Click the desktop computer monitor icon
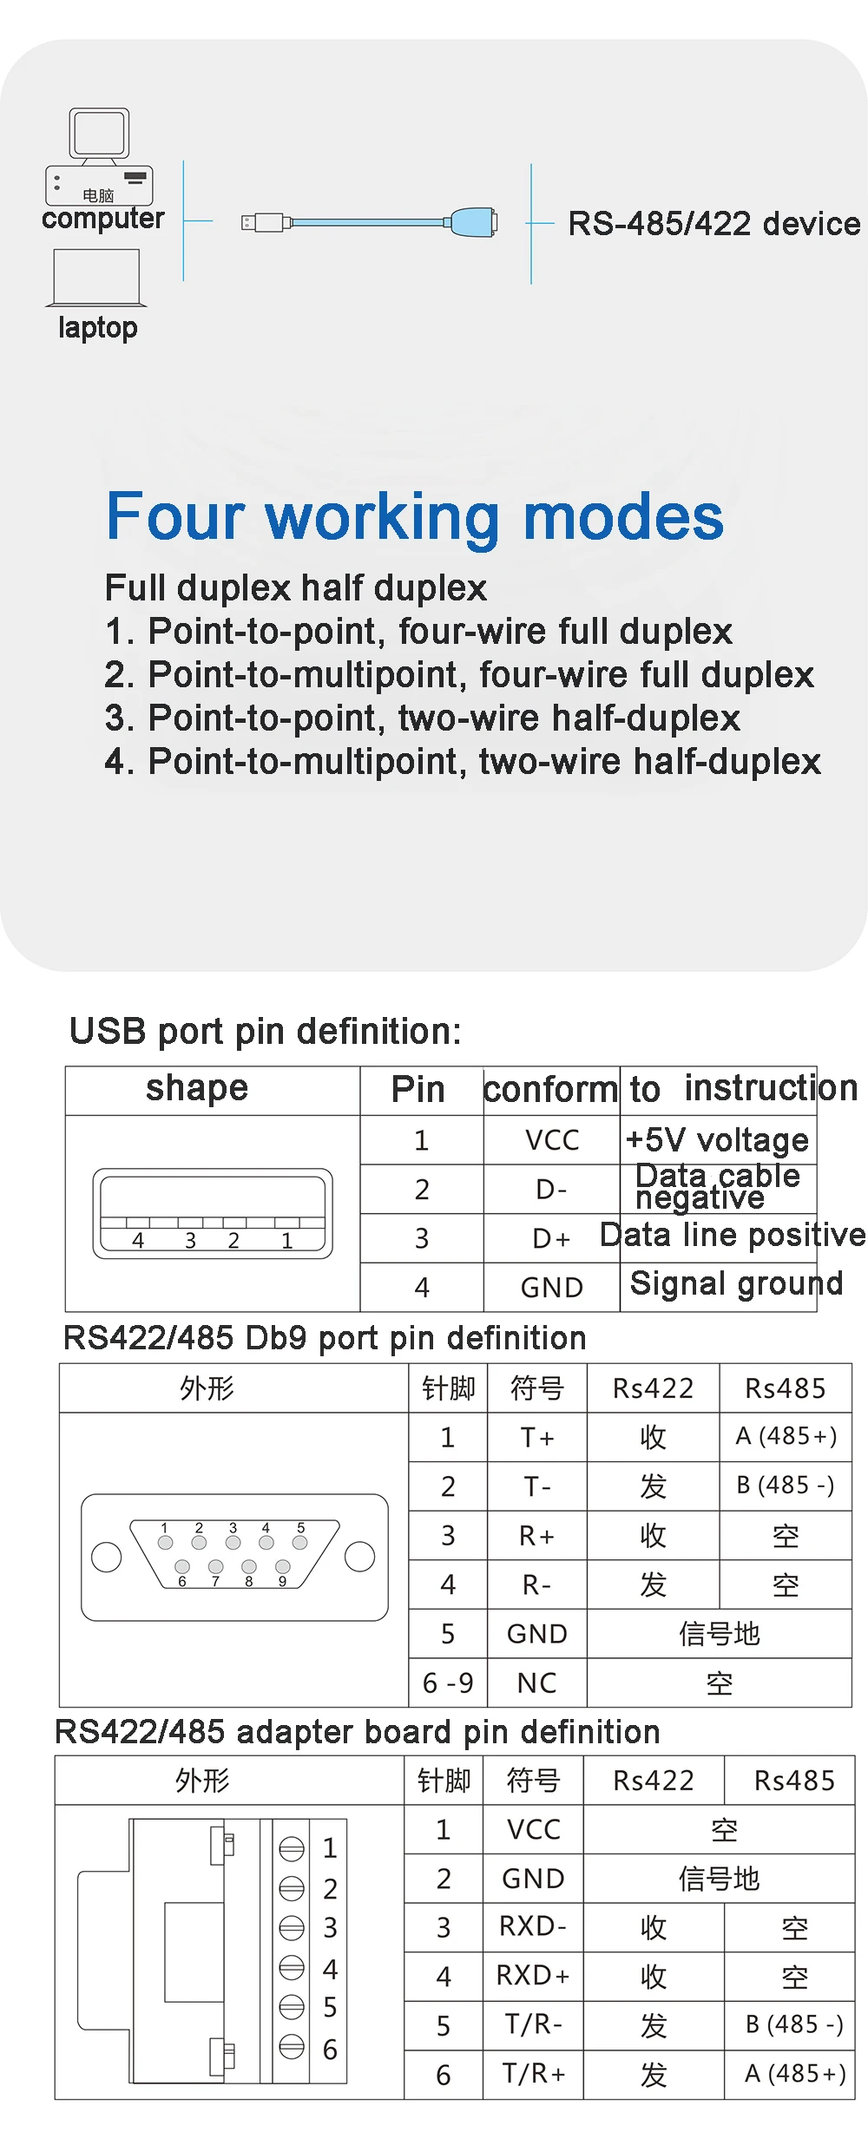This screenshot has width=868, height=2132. coord(100,134)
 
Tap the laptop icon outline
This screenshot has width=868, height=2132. coord(96,278)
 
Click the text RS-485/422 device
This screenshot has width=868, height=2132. coord(713,224)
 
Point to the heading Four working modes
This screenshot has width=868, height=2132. coord(414,516)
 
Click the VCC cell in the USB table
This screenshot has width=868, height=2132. coord(552,1140)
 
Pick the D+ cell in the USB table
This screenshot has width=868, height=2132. coord(552,1238)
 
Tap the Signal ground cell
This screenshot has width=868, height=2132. coord(736,1283)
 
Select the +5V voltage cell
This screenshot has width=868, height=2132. coord(717,1140)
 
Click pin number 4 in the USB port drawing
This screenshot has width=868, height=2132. coord(138,1241)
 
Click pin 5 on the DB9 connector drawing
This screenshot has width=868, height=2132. coord(300,1542)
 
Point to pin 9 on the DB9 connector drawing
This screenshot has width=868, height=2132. coord(282,1566)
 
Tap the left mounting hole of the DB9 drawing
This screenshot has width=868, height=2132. coord(107,1557)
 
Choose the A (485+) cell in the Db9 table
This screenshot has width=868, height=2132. coord(786,1437)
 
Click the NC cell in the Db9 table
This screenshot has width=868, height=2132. coord(537,1683)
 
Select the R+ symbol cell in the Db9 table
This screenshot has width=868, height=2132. coord(537,1536)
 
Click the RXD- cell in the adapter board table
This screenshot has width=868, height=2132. coord(533,1927)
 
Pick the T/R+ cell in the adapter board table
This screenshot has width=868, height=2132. coord(533,2074)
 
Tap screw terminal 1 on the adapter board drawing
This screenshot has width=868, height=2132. coord(292,1848)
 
